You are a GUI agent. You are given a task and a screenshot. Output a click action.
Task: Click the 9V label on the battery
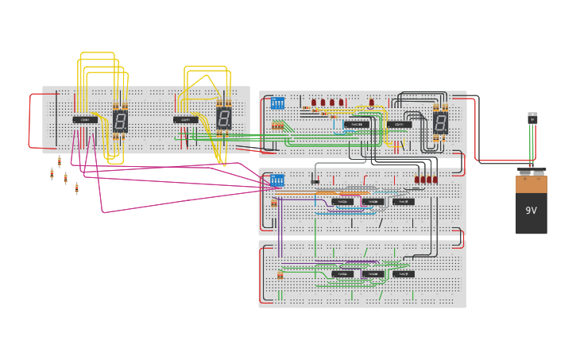[x=531, y=211]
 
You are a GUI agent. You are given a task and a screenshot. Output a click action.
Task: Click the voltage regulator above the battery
[x=532, y=118]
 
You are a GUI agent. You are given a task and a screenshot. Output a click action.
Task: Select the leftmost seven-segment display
[x=120, y=121]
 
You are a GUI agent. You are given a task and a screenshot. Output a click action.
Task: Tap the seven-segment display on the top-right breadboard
[x=440, y=123]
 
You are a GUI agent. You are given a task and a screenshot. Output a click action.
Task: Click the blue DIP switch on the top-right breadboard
[x=277, y=103]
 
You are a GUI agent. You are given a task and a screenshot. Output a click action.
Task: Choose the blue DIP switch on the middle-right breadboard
[x=276, y=180]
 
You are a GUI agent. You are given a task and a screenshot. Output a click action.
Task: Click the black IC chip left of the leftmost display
[x=85, y=120]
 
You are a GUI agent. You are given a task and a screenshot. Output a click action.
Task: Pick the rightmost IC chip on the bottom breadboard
[x=403, y=274]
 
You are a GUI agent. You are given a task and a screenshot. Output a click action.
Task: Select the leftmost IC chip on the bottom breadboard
[x=342, y=274]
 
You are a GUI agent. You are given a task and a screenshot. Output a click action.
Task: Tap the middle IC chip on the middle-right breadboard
[x=373, y=202]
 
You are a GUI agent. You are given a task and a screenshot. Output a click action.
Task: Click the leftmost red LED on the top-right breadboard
[x=314, y=103]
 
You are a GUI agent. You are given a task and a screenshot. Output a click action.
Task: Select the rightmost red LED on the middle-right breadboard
[x=435, y=180]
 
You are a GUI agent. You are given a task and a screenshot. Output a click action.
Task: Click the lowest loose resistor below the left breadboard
[x=77, y=188]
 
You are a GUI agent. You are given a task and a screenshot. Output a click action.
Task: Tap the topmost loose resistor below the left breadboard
[x=59, y=161]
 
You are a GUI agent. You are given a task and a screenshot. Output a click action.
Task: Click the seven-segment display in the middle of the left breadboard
[x=224, y=119]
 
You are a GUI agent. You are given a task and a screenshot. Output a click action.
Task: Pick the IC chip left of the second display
[x=186, y=120]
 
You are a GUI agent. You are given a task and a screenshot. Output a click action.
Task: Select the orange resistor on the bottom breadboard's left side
[x=280, y=275]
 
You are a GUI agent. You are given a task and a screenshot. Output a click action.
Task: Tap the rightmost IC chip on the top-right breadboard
[x=399, y=124]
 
